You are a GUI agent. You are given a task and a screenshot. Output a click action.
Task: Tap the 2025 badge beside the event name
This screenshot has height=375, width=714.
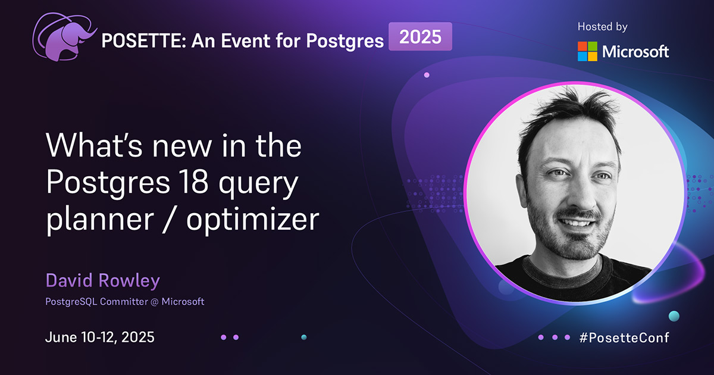coord(420,37)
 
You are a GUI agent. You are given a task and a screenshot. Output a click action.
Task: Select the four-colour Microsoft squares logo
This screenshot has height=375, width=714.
coord(587,51)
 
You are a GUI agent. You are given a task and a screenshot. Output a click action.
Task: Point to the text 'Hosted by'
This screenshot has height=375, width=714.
coord(602,27)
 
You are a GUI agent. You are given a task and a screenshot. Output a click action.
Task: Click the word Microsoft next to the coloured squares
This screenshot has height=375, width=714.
coord(635,52)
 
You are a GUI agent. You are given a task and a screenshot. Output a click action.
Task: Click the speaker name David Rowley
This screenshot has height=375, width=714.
coord(102,280)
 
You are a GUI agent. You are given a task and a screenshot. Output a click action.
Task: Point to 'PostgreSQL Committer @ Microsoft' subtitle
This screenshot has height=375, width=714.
coord(124,301)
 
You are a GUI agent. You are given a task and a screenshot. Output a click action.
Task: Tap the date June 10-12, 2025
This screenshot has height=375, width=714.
coord(99,337)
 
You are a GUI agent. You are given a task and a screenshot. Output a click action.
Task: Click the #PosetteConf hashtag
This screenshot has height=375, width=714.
coord(624,337)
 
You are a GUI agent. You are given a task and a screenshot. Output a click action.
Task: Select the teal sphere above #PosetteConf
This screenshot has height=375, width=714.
coord(674,315)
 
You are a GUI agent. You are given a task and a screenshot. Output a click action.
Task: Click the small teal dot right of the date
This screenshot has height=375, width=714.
coord(303,337)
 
